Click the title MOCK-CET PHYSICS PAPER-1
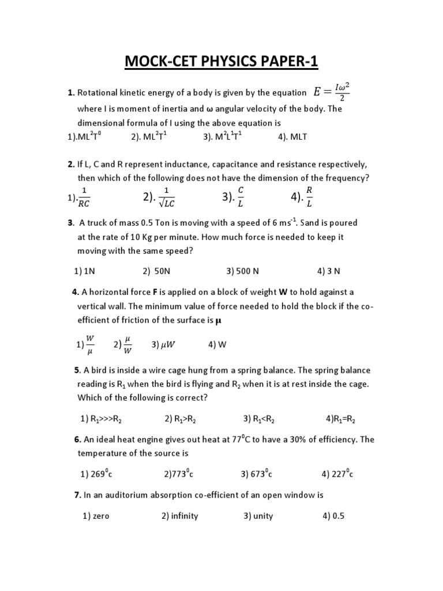click(x=221, y=61)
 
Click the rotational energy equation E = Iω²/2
click(x=331, y=93)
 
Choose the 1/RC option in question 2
click(x=81, y=197)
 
